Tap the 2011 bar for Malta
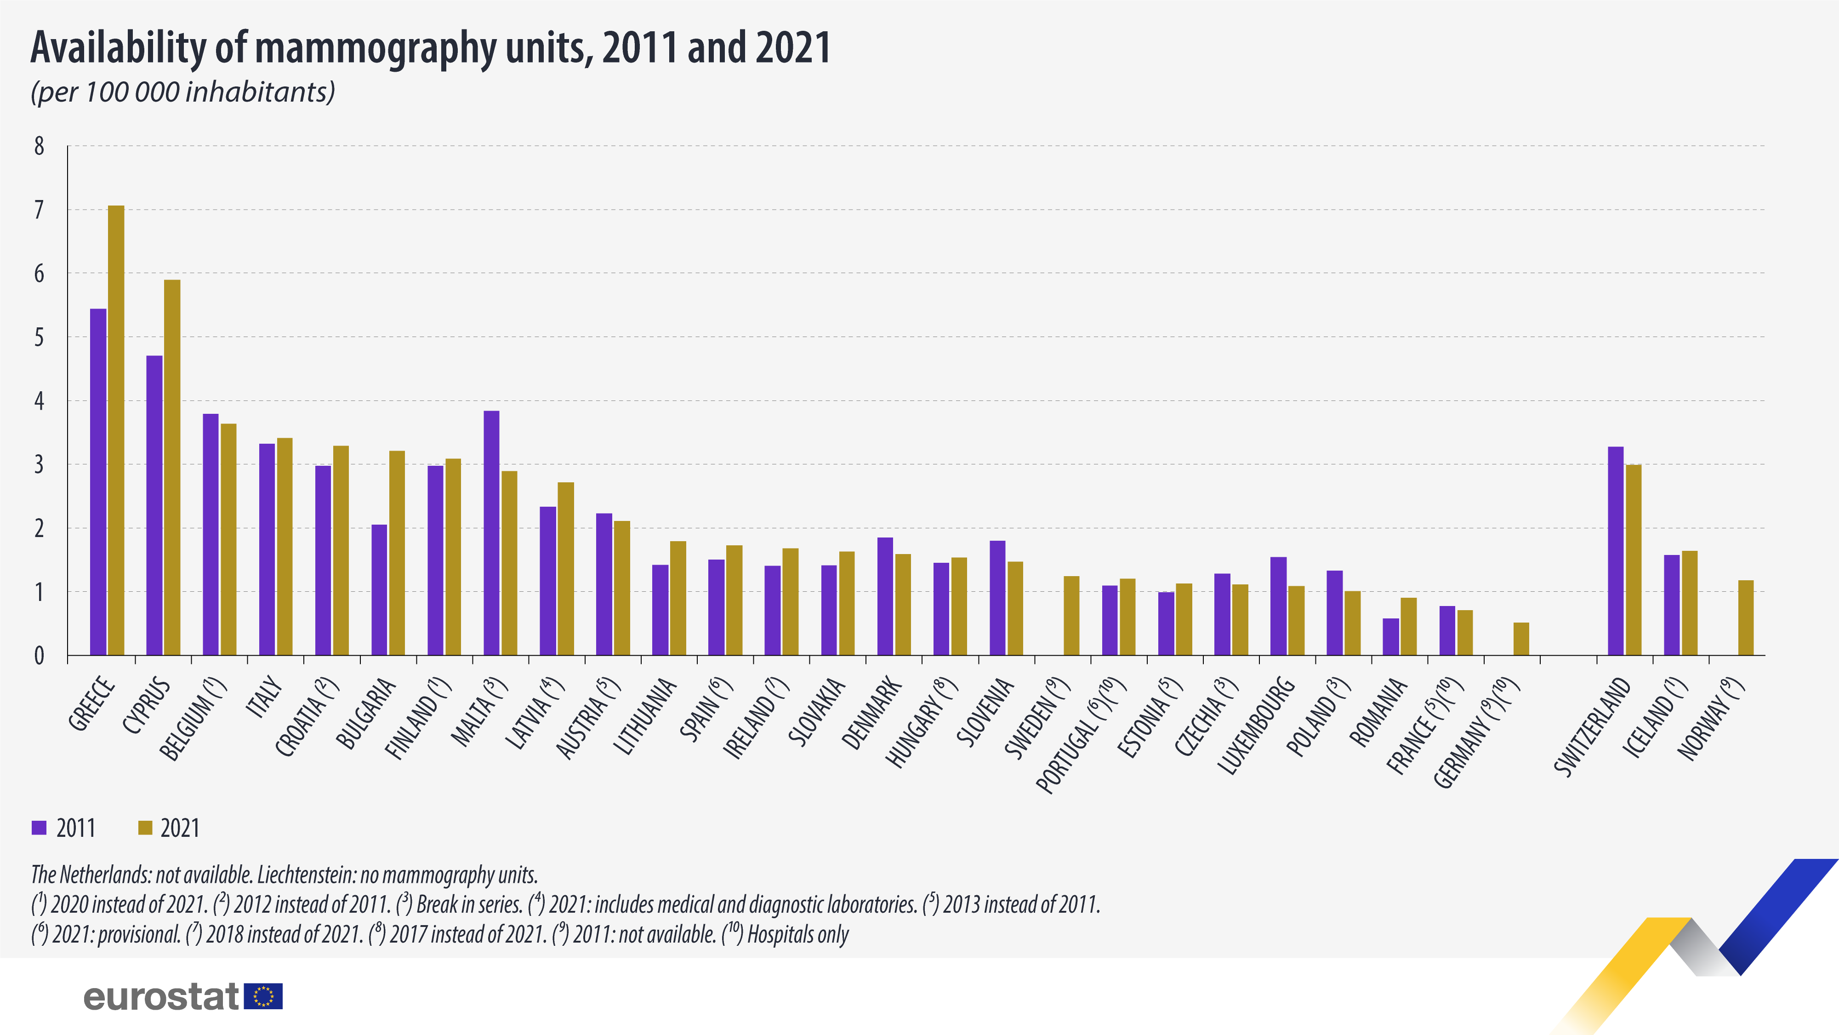(x=491, y=533)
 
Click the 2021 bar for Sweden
(x=1071, y=616)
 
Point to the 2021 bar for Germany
(x=1521, y=639)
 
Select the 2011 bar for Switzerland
(x=1616, y=551)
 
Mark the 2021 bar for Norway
(x=1746, y=618)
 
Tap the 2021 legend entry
(x=169, y=828)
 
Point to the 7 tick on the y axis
(x=39, y=210)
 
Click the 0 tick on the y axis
(x=39, y=656)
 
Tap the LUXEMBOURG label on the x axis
(x=1257, y=725)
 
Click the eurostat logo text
(x=160, y=996)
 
